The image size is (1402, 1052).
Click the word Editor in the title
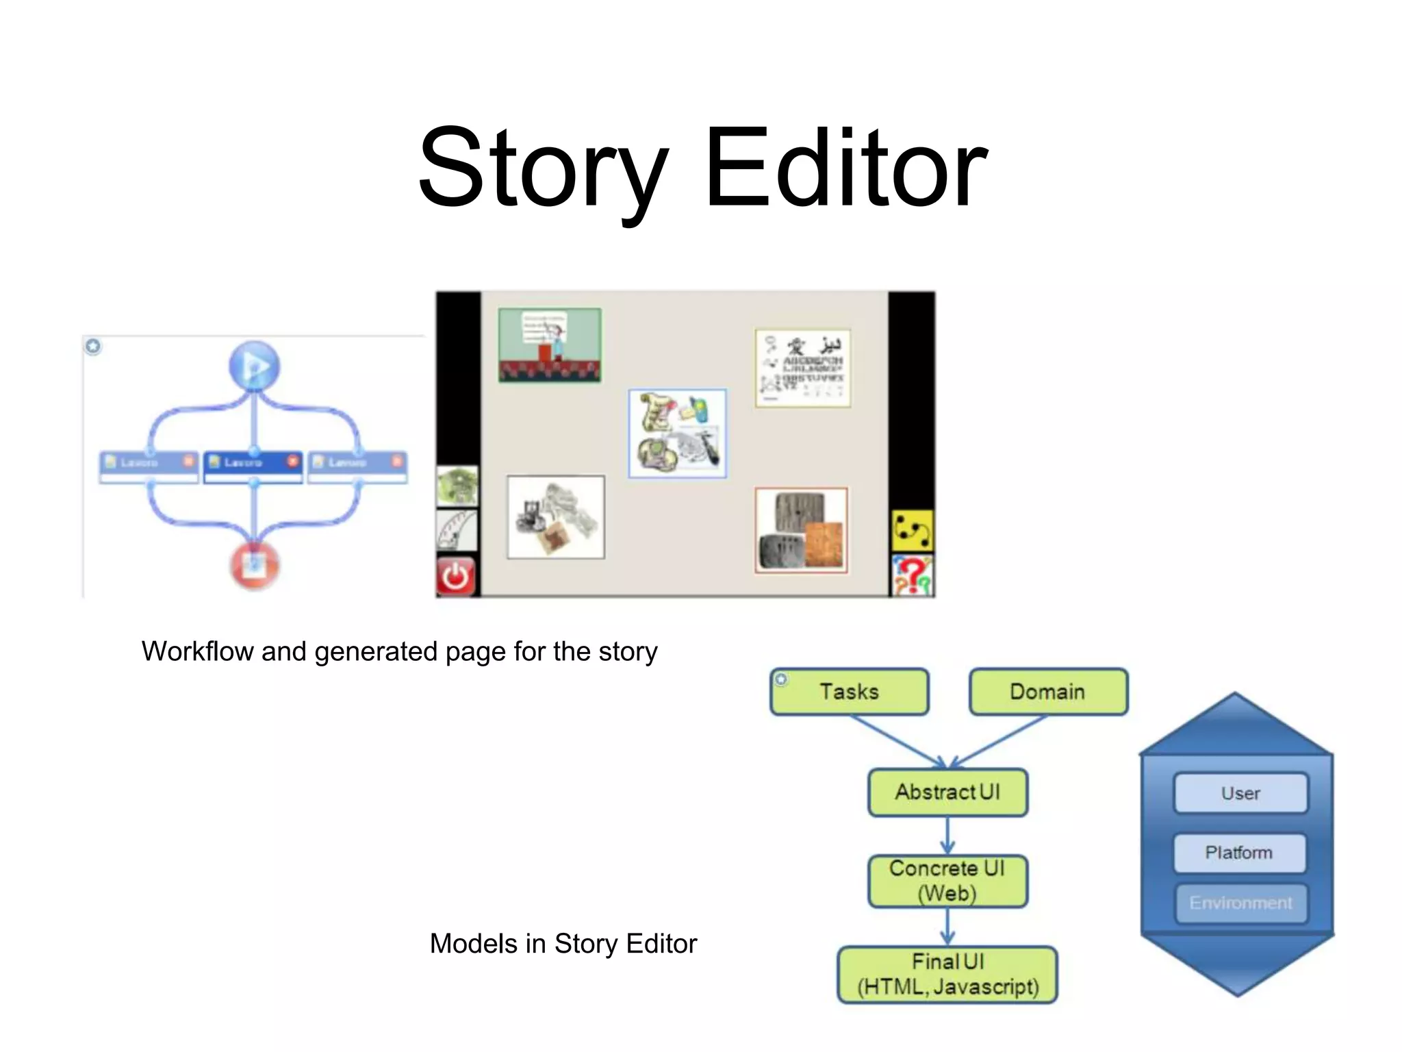point(846,168)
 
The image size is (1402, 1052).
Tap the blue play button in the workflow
point(254,366)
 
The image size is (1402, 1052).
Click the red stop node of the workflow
point(254,566)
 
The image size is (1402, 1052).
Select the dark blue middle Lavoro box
point(253,464)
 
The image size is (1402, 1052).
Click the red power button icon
point(456,577)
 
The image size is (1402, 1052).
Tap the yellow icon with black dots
point(912,531)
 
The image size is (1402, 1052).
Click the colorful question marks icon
point(912,576)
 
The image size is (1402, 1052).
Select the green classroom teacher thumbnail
point(550,345)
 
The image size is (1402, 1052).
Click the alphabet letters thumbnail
point(802,368)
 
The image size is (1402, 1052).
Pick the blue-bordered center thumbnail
point(677,433)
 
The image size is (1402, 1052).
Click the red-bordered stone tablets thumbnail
point(801,530)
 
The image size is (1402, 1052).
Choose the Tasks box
point(850,692)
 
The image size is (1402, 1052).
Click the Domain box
point(1048,692)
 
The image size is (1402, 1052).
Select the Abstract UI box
point(947,792)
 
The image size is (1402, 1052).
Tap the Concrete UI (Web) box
point(947,881)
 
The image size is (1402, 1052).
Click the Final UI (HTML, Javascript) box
point(947,975)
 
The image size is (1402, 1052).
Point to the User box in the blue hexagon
point(1240,793)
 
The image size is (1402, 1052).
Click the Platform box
point(1239,853)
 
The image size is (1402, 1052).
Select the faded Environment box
point(1240,903)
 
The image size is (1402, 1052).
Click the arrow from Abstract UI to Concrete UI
point(947,836)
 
